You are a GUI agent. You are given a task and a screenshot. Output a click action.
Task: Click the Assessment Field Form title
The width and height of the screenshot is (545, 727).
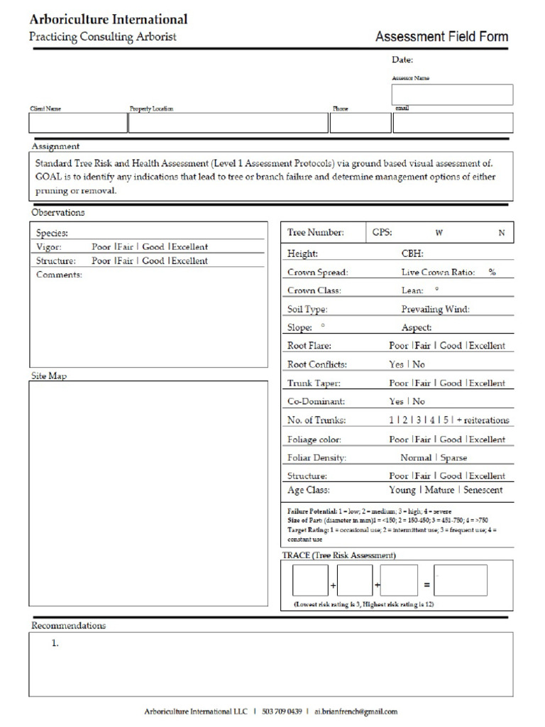point(441,37)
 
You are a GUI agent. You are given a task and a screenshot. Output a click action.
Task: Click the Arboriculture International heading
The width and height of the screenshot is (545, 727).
point(109,20)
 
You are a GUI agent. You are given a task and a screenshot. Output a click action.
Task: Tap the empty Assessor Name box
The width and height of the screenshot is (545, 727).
point(452,94)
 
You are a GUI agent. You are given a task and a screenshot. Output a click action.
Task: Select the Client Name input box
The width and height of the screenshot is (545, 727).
point(77,123)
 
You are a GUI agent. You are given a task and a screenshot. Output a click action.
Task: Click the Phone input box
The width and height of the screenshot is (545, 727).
point(359,123)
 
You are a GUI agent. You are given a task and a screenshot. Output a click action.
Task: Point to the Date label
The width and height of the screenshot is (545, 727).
point(402,60)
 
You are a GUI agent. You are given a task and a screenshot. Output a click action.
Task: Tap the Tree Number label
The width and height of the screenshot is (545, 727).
point(315,232)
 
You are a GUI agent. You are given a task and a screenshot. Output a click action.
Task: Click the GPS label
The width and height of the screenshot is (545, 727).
point(382,232)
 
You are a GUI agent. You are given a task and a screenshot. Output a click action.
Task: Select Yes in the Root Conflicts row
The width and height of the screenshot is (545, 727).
point(396,364)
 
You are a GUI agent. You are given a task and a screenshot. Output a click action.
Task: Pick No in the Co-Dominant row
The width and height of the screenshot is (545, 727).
point(419,401)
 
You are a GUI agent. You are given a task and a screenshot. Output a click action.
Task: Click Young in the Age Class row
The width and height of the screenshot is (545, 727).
point(402,490)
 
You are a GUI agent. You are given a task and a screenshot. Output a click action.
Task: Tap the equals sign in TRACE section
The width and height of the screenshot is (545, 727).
point(426,585)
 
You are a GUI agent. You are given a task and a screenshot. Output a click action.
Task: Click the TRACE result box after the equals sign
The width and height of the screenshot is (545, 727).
point(461,581)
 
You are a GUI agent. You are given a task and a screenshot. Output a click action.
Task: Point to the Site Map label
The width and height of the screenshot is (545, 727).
point(49,376)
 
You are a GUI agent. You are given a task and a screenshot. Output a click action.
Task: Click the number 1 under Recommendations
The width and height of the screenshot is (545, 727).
point(54,644)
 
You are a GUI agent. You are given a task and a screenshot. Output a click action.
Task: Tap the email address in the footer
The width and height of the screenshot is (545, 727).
point(356,711)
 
